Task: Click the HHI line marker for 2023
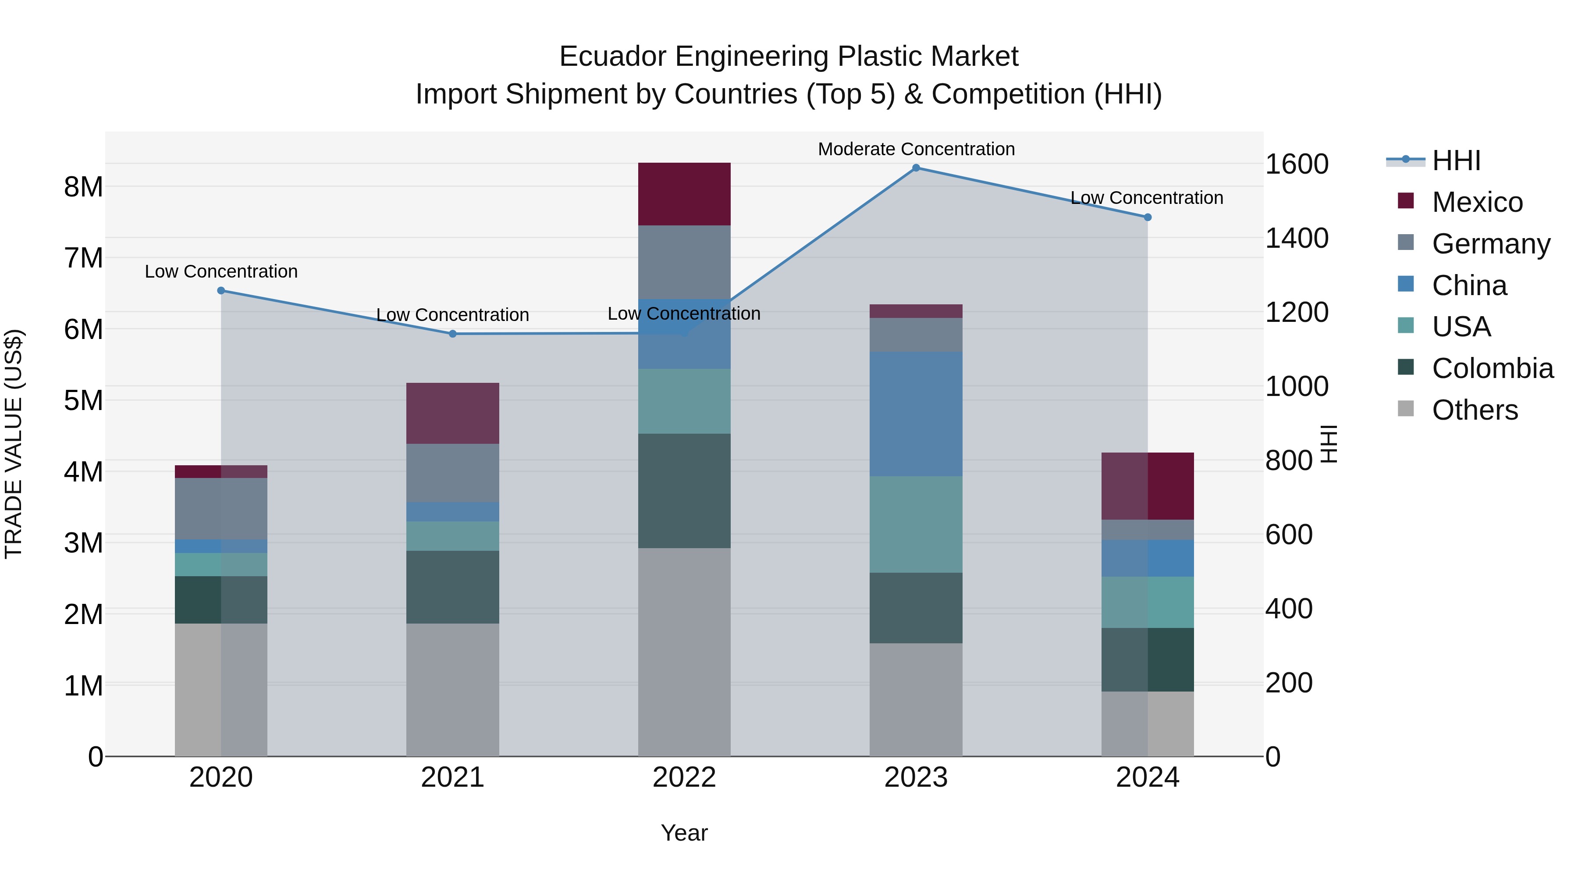[x=916, y=168]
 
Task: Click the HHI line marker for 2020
[x=221, y=290]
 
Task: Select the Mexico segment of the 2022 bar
[x=684, y=194]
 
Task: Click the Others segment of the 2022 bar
[x=684, y=652]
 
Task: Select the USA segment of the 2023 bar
[x=916, y=524]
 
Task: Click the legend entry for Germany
[x=1490, y=244]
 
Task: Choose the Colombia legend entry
[x=1492, y=368]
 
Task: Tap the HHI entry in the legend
[x=1455, y=160]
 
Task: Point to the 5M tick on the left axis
[x=84, y=400]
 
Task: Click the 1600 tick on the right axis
[x=1296, y=164]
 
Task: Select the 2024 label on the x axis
[x=1148, y=777]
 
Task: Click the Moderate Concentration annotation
[x=916, y=149]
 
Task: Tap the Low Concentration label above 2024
[x=1146, y=198]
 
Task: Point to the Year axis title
[x=684, y=833]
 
